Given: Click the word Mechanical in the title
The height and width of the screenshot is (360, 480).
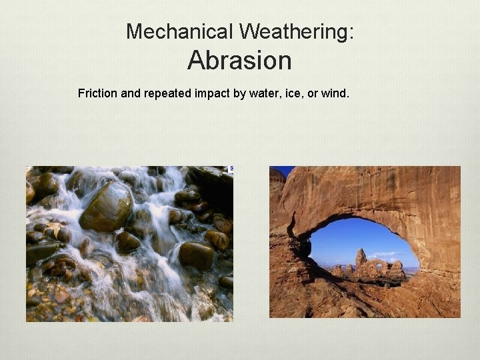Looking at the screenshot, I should click(179, 31).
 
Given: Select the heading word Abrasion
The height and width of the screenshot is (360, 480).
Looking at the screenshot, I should click(239, 61).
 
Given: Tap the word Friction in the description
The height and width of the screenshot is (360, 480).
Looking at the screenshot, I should click(97, 93).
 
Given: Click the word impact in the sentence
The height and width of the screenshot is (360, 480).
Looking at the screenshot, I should click(214, 93).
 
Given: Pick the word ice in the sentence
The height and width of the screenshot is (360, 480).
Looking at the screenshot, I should click(292, 93).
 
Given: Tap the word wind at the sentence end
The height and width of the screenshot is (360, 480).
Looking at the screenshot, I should click(333, 93).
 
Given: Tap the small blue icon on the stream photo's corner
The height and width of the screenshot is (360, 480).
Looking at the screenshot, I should click(231, 169).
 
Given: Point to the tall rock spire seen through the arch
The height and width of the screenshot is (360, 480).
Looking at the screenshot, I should click(361, 258).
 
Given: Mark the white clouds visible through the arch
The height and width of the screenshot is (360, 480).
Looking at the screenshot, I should click(387, 254).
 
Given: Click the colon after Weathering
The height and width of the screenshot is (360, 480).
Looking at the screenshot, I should click(351, 32).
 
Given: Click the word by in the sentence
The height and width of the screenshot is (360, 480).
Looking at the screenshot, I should click(239, 93).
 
